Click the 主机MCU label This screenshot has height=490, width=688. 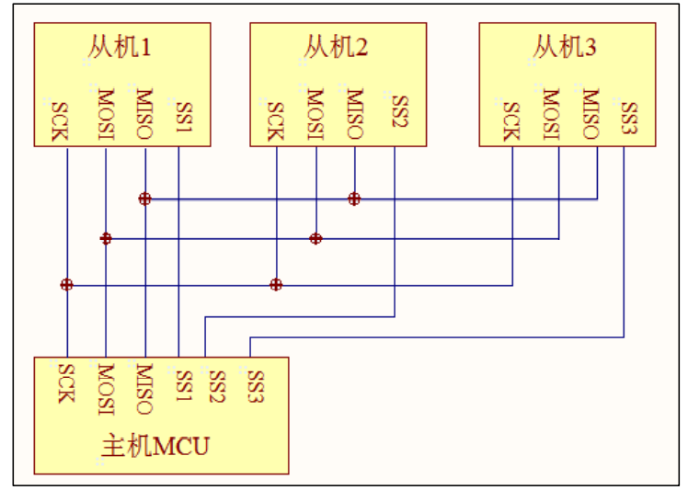pos(154,448)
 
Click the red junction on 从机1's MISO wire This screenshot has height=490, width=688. pos(144,199)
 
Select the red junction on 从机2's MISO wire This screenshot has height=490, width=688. pos(354,199)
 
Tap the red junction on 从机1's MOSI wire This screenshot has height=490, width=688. pos(106,238)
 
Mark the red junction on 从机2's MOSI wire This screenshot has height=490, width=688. pos(315,238)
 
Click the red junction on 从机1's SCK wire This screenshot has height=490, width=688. pos(66,285)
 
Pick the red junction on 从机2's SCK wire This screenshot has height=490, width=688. pos(276,285)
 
